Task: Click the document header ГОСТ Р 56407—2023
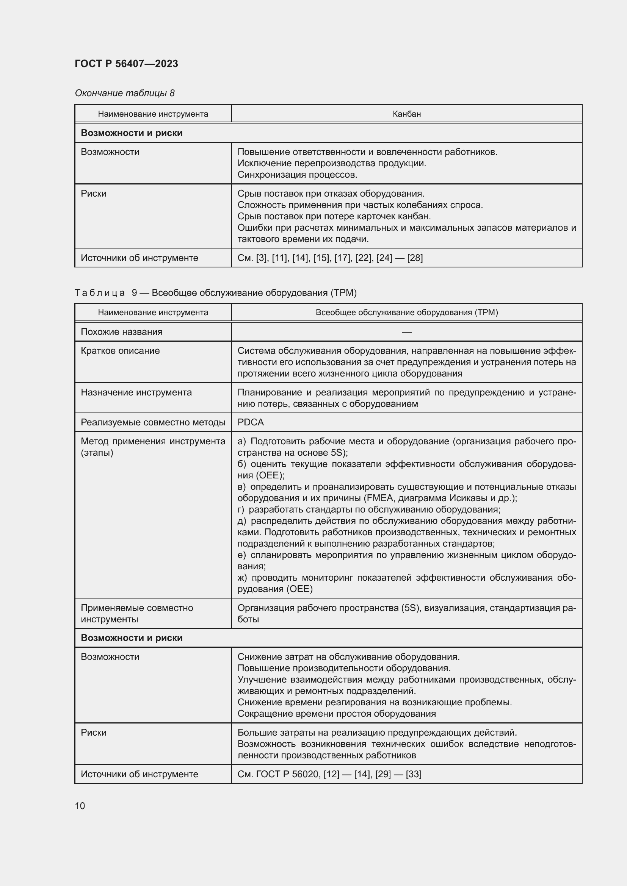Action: tap(126, 64)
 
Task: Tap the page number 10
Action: tap(80, 806)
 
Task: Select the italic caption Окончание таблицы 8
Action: tap(124, 93)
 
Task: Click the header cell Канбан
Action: tap(406, 114)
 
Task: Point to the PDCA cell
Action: tap(251, 422)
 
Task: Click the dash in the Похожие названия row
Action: tap(406, 332)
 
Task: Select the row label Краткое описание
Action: tap(120, 351)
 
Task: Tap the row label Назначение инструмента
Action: tap(136, 392)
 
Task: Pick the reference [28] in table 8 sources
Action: tap(415, 258)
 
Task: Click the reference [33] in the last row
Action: tap(414, 774)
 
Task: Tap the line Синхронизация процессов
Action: tap(297, 175)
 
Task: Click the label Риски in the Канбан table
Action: tap(93, 194)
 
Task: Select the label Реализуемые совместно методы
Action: tap(153, 422)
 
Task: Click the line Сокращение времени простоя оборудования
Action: tap(336, 714)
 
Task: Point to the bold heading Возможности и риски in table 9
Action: tap(131, 638)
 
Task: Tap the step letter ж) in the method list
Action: tap(243, 578)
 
